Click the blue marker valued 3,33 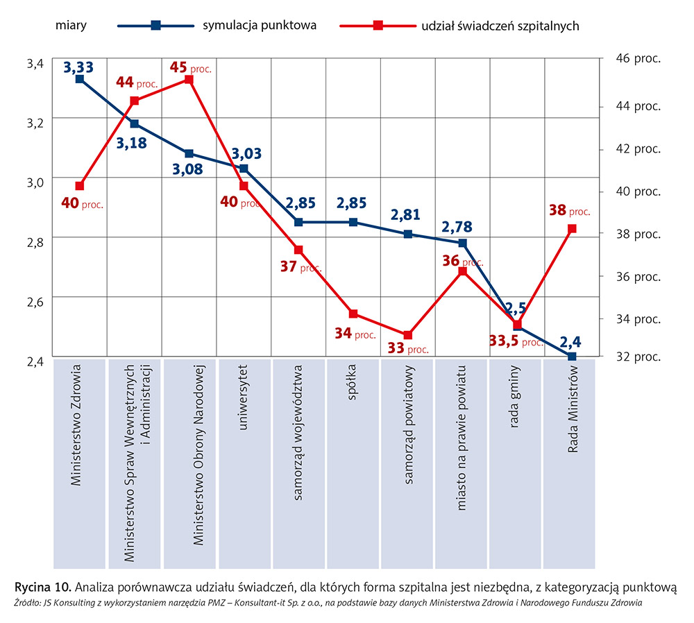click(80, 79)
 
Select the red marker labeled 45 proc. click(189, 79)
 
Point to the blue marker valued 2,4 click(572, 357)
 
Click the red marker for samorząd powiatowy click(408, 335)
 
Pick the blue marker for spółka click(353, 222)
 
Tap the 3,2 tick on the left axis click(35, 123)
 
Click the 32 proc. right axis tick click(638, 357)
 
